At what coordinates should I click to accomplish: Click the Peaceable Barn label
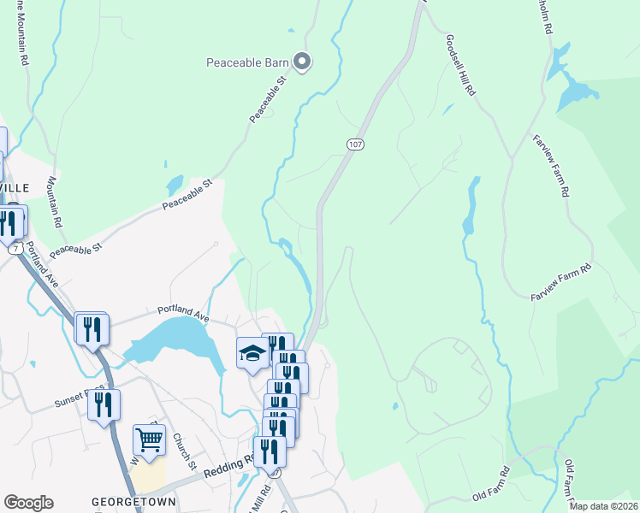247,62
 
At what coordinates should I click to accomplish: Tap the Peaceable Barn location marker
301,61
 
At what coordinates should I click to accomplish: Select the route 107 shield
356,144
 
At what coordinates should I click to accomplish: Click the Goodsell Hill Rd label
460,66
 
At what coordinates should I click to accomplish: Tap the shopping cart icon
149,441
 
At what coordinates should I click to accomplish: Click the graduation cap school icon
252,353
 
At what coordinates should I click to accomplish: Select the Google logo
28,503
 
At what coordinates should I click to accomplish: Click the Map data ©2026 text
602,506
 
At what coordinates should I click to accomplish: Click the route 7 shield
15,248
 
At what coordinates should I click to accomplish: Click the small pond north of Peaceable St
175,185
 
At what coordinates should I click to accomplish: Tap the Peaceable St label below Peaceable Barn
266,100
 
